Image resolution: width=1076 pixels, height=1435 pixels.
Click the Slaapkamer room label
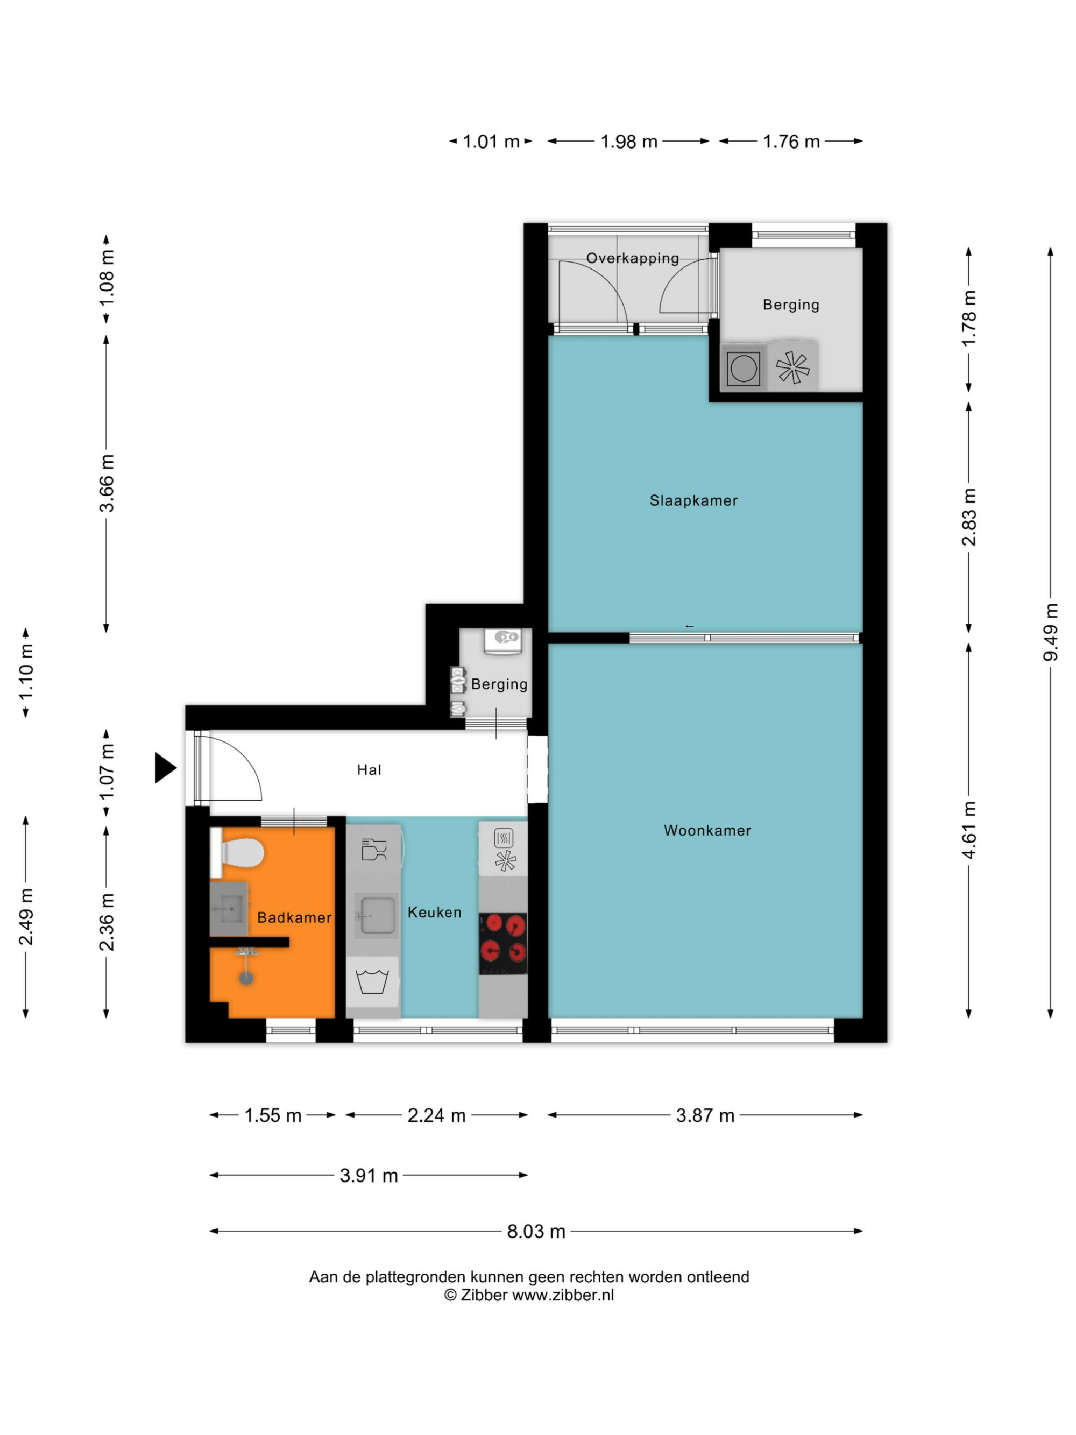tap(693, 500)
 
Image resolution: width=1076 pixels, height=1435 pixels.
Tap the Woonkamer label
tap(707, 830)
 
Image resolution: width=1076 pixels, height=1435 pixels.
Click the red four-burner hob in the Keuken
tap(502, 943)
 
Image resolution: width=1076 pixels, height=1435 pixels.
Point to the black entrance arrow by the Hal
tap(165, 768)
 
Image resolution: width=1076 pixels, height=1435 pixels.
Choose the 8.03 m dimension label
tap(536, 1231)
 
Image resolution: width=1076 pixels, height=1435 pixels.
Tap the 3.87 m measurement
tap(705, 1115)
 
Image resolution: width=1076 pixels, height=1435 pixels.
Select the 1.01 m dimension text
tap(491, 142)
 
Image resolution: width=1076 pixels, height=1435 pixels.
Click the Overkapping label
tap(632, 258)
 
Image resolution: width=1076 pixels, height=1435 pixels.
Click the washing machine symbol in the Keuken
tap(372, 981)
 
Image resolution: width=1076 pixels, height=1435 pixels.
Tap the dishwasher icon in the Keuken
tap(373, 849)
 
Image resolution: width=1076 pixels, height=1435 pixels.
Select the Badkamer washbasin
tap(228, 908)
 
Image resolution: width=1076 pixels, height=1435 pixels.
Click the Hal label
tap(369, 769)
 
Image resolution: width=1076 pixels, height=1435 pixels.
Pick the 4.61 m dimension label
tap(968, 830)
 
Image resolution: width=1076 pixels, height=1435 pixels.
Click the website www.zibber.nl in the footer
tap(563, 1295)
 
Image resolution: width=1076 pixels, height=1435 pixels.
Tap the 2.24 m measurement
tap(436, 1115)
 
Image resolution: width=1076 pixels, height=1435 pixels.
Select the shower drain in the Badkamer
tap(246, 978)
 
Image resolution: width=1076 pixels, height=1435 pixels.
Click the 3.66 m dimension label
tap(106, 483)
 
